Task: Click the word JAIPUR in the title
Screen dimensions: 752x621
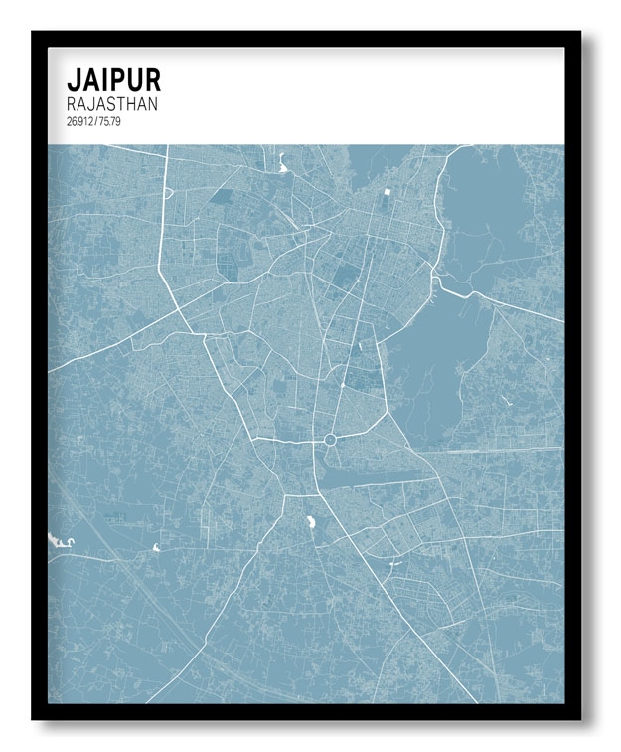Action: (x=113, y=80)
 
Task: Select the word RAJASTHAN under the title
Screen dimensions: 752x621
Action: (x=112, y=103)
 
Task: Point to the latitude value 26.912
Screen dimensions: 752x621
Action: (x=79, y=121)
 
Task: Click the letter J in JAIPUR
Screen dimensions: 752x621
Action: (x=73, y=80)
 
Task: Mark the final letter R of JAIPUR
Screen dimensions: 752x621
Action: (x=150, y=80)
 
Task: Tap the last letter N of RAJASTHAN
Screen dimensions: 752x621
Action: (x=152, y=103)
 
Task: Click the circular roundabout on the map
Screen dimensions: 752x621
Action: (x=329, y=439)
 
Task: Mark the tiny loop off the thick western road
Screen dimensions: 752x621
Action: (x=156, y=547)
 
